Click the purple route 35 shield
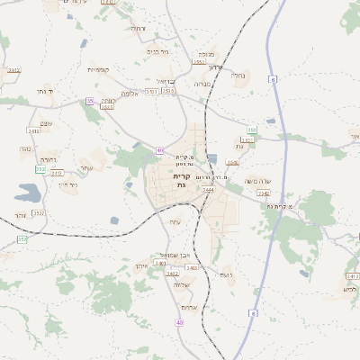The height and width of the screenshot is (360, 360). click(x=90, y=101)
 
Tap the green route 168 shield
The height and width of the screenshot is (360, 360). click(x=252, y=130)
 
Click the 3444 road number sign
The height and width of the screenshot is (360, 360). click(x=208, y=190)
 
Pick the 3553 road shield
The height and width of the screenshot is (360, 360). click(x=199, y=62)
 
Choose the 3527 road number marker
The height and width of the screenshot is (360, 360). click(x=38, y=213)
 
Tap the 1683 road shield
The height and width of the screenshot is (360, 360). click(x=107, y=107)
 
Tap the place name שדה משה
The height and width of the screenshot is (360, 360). click(x=272, y=181)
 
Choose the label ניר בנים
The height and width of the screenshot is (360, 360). click(x=157, y=51)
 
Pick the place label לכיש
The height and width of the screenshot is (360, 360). click(x=349, y=289)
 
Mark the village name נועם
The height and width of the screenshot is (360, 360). click(x=226, y=274)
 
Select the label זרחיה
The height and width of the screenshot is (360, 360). click(x=138, y=29)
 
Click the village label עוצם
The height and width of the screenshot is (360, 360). click(x=47, y=123)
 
